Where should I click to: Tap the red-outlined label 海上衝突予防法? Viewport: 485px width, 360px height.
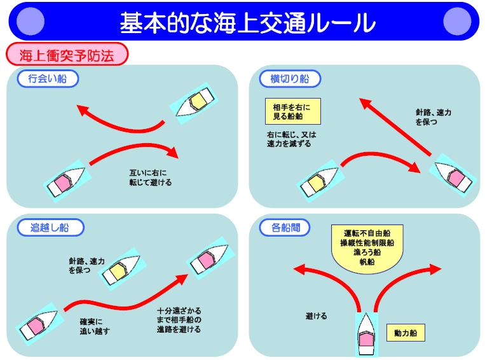[67, 55]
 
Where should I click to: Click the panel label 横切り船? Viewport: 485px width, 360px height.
[290, 79]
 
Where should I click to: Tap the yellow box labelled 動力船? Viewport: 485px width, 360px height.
[405, 331]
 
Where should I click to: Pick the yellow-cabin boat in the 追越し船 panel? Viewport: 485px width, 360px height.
[120, 268]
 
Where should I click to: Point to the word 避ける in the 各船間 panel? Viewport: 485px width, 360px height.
[316, 315]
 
